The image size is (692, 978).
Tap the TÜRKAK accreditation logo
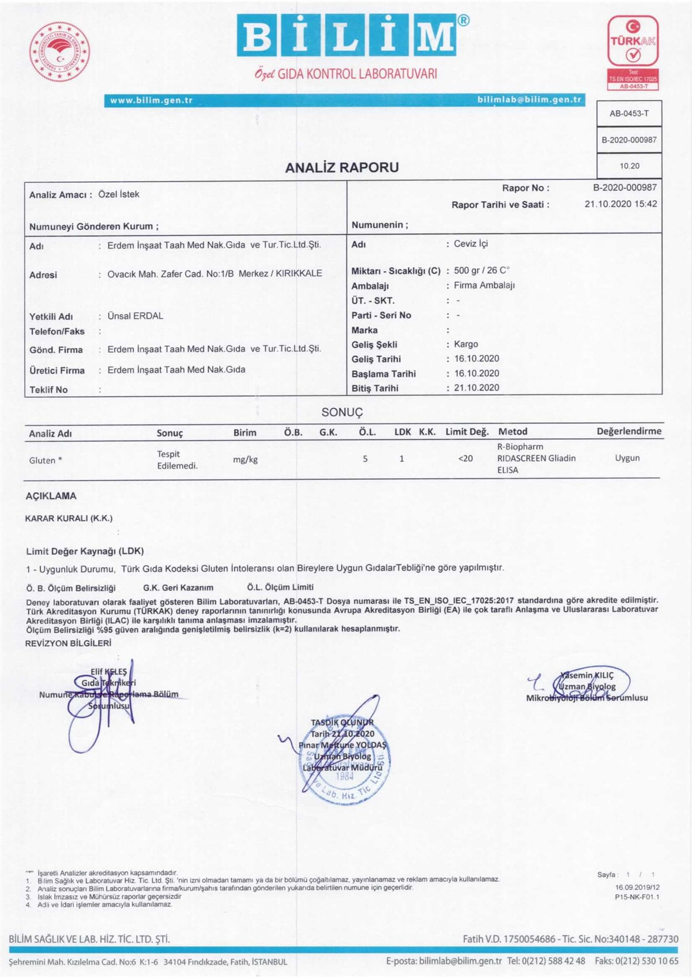(633, 52)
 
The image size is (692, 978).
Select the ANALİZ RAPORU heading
(341, 167)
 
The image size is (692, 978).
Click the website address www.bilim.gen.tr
(151, 100)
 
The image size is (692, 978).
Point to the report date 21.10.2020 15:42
(620, 204)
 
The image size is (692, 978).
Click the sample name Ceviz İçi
(471, 244)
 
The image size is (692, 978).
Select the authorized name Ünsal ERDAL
(135, 316)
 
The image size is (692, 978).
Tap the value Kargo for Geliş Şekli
(466, 344)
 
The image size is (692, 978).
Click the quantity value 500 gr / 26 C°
(482, 270)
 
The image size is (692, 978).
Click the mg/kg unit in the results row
(245, 460)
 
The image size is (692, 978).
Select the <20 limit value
(465, 458)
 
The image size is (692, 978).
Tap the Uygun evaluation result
(627, 458)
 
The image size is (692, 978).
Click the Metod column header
(513, 431)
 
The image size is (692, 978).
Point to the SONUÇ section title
(342, 412)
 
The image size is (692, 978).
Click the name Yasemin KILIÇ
(587, 675)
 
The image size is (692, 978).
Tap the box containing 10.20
(629, 166)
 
